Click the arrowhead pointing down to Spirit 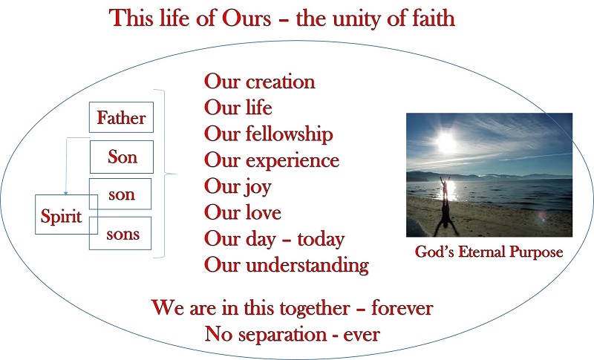pos(66,193)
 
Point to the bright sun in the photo pos(446,143)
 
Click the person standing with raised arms pos(445,187)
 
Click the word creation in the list pos(281,82)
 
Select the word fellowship pos(290,134)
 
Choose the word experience pos(293,161)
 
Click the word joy pos(258,187)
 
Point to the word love pos(264,212)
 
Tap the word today pos(321,239)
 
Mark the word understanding pos(307,265)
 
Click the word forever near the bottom pos(402,308)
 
